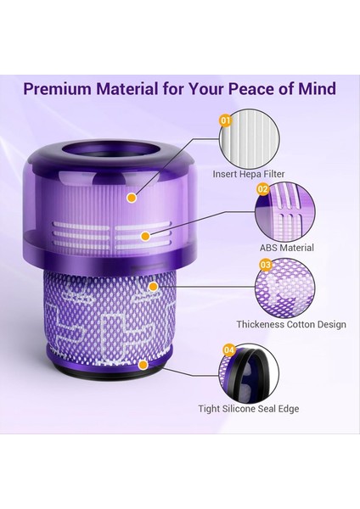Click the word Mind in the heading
click(x=316, y=89)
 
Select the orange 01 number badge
click(x=226, y=121)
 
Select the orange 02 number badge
click(x=263, y=189)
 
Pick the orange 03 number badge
click(x=266, y=265)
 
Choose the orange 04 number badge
click(x=228, y=349)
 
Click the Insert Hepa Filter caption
click(x=249, y=175)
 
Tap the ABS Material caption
click(x=286, y=248)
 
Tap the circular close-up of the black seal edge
click(x=251, y=372)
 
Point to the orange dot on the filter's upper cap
click(x=132, y=198)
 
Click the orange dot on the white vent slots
click(x=146, y=235)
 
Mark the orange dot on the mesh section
click(x=153, y=286)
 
